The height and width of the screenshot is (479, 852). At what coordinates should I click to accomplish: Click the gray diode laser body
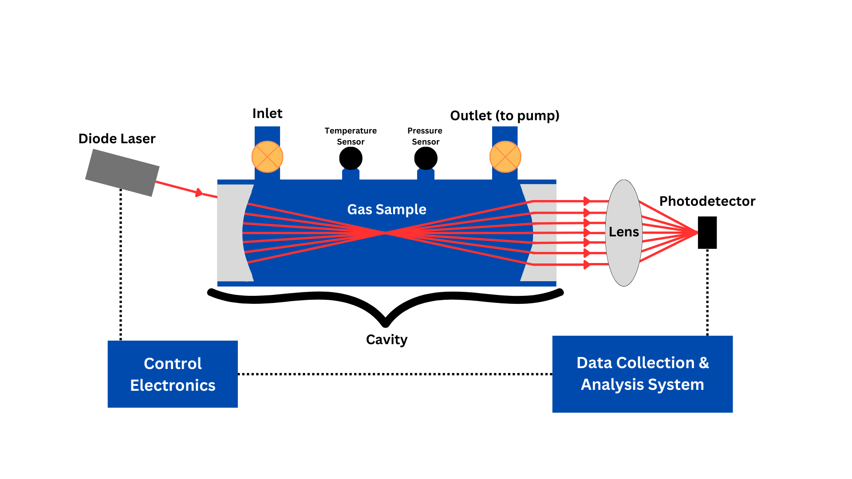click(122, 173)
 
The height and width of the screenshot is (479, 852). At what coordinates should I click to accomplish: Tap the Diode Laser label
click(117, 139)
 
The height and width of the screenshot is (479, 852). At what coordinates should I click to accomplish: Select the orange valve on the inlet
click(267, 157)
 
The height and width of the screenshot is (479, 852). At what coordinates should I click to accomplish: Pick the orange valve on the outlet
click(505, 157)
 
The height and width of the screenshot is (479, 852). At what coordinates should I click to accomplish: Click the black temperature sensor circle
click(351, 158)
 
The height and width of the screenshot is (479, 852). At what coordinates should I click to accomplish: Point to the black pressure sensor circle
click(426, 158)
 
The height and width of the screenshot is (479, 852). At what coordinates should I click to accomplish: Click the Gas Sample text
click(387, 209)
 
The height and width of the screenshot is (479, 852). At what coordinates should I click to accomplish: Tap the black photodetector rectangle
click(707, 232)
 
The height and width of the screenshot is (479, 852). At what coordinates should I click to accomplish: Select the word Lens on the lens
click(623, 232)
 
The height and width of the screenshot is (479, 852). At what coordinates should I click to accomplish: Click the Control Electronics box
click(173, 374)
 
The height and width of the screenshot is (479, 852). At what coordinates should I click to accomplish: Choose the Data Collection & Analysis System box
click(642, 374)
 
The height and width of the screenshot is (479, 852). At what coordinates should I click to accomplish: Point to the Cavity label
click(387, 340)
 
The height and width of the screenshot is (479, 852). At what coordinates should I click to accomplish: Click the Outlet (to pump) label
click(505, 116)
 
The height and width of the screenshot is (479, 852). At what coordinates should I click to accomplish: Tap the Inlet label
click(267, 114)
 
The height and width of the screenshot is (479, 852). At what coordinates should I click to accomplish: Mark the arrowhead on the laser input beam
click(199, 193)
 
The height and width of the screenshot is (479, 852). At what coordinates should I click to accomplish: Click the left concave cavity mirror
click(231, 233)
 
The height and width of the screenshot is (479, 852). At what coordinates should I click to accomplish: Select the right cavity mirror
click(544, 233)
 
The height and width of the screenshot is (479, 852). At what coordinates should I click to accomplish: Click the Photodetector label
click(707, 201)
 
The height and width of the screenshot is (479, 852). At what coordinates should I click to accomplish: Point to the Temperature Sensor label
click(351, 136)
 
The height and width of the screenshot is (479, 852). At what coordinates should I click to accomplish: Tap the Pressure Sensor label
click(425, 136)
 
